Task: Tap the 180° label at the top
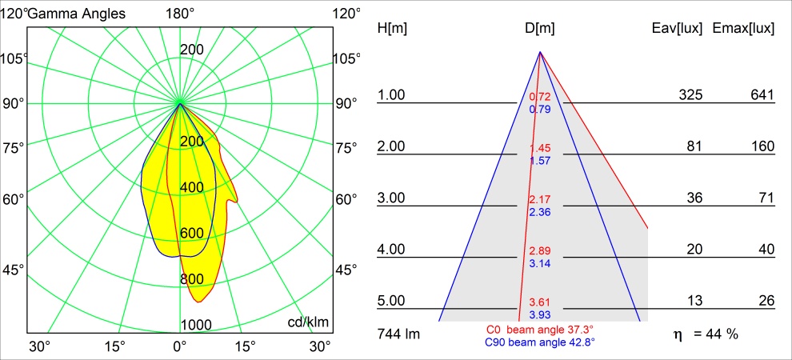(x=180, y=14)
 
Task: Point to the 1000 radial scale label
(x=196, y=324)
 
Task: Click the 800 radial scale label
(x=192, y=278)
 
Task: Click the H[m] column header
(x=392, y=29)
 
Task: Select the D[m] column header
(x=540, y=29)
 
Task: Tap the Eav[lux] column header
(x=678, y=29)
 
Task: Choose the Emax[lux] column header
(x=744, y=29)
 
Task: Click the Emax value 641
(x=762, y=95)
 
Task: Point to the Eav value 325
(x=690, y=95)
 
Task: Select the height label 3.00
(x=392, y=198)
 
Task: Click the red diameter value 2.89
(x=540, y=251)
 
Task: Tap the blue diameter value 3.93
(x=540, y=315)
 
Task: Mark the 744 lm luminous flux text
(x=398, y=334)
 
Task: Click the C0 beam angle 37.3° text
(x=540, y=330)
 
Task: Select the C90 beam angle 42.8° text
(x=540, y=342)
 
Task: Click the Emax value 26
(x=766, y=301)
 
